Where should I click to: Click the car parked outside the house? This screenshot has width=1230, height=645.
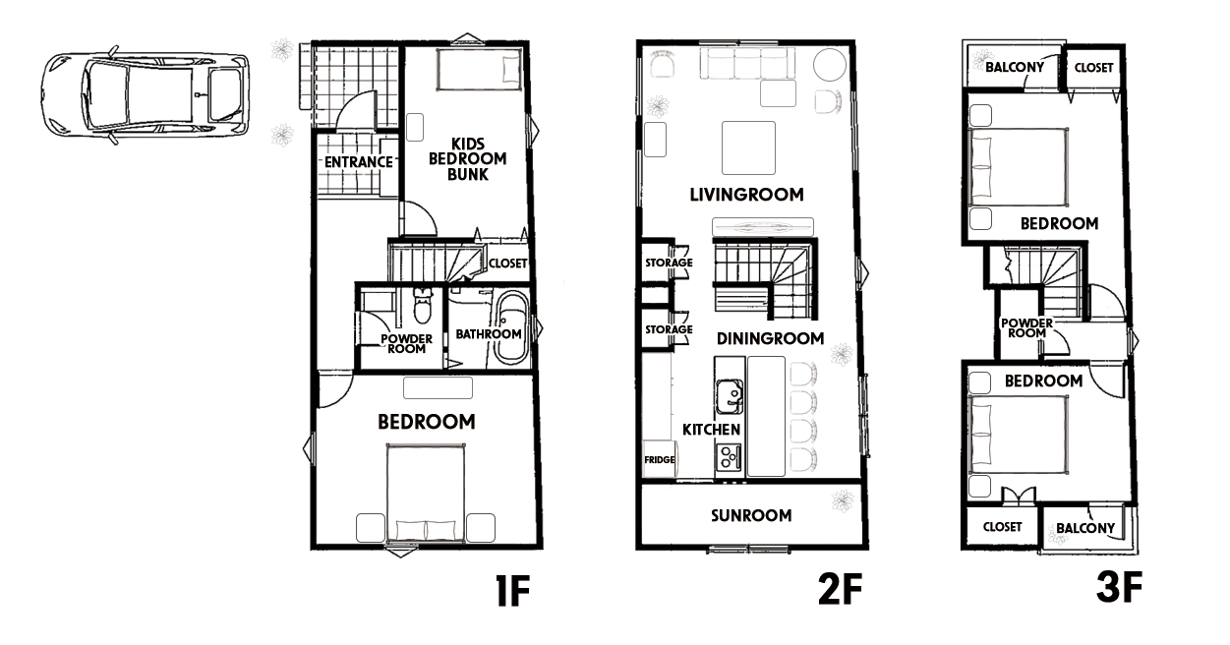point(145,95)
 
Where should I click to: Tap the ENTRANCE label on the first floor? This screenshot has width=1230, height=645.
point(359,162)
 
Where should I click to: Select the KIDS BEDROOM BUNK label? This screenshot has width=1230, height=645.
point(468,159)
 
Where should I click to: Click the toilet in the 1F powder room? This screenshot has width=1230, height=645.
point(422,306)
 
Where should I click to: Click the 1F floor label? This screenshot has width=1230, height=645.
point(513,591)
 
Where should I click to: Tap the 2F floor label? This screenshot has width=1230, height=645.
point(840,588)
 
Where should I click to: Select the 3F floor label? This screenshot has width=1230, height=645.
point(1120,587)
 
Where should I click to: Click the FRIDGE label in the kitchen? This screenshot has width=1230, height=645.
point(660,459)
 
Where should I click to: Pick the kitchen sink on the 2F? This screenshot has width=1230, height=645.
point(730,395)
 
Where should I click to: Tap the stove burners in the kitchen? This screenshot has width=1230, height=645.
point(729,457)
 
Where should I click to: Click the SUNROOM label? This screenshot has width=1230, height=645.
point(751,515)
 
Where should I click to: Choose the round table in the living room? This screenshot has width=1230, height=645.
point(830,65)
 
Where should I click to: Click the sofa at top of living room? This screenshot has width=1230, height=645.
point(748,64)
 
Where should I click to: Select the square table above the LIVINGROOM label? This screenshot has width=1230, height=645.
point(748,147)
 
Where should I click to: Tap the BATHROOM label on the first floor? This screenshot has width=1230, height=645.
point(488,334)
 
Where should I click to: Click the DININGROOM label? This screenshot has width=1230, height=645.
point(771,338)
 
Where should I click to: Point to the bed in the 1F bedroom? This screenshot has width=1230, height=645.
point(426,493)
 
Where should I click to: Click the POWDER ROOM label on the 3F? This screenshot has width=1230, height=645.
point(1026,328)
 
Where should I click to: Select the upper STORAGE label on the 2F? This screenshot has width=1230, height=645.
point(669,263)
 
